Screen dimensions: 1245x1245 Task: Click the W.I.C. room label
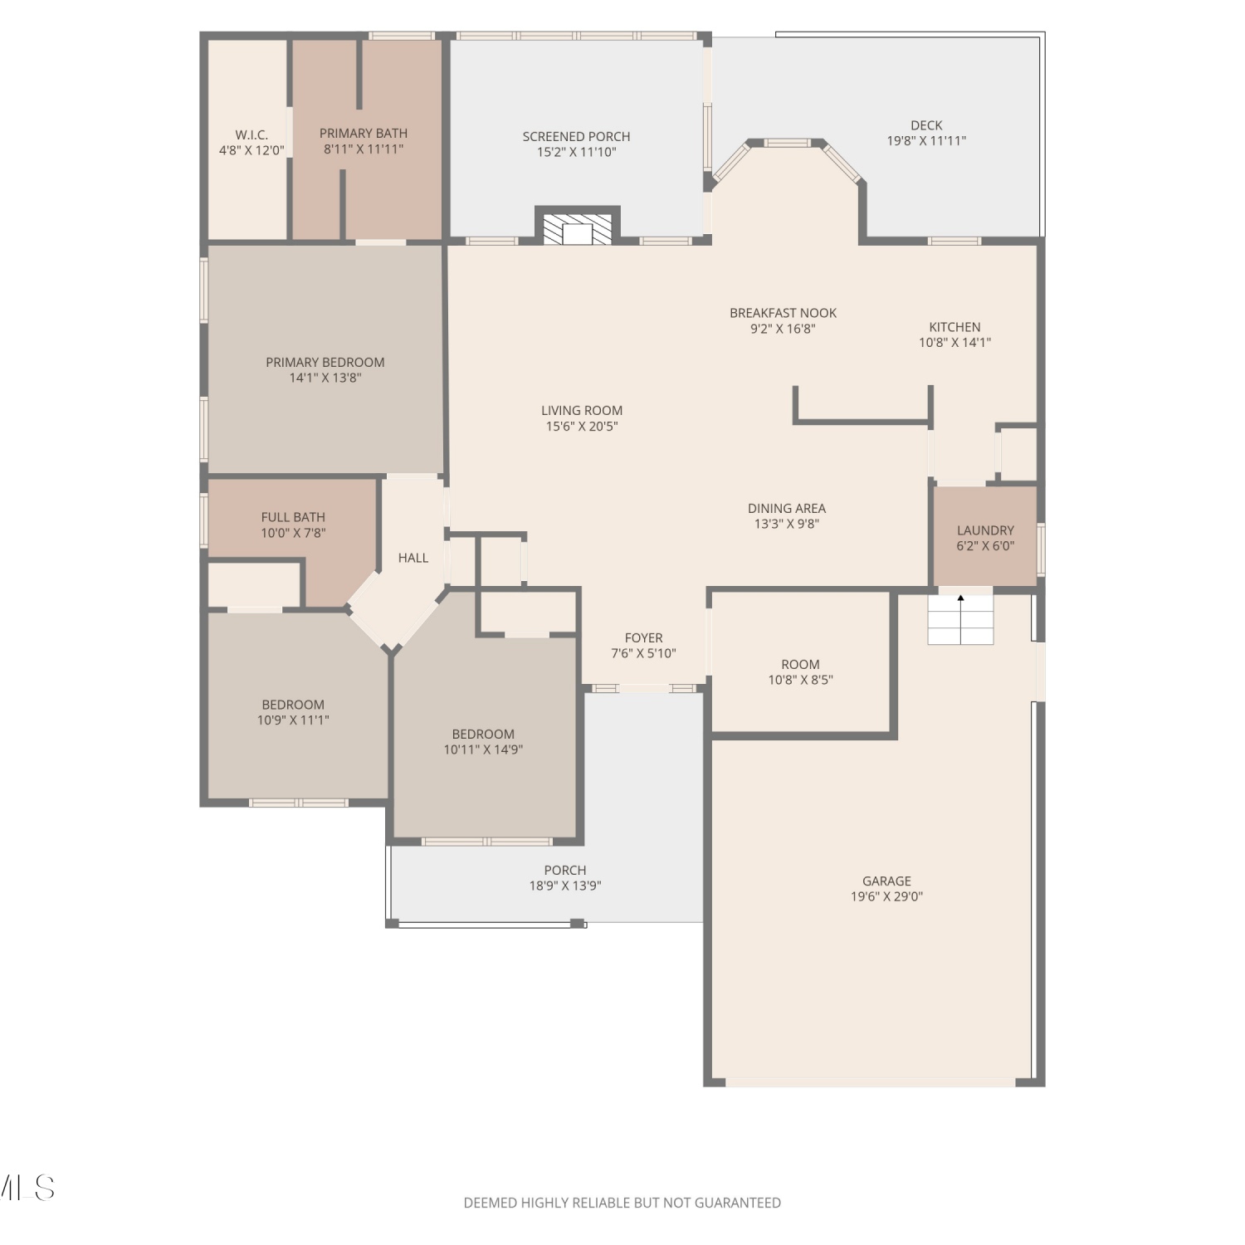(x=251, y=135)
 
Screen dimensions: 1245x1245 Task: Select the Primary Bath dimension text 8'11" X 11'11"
(x=364, y=149)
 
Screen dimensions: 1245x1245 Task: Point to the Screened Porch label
(x=576, y=137)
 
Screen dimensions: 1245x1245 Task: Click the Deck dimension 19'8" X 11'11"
(x=926, y=141)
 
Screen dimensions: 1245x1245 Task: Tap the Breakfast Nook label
(x=783, y=313)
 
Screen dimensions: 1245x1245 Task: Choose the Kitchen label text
(x=954, y=327)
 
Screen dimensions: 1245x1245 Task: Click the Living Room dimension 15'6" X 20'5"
(x=582, y=427)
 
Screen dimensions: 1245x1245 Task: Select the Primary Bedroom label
(x=325, y=363)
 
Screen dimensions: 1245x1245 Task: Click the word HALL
(x=413, y=558)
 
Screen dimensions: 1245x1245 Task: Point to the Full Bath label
(x=293, y=517)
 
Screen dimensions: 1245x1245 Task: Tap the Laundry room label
(x=985, y=530)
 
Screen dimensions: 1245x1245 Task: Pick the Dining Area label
(x=787, y=509)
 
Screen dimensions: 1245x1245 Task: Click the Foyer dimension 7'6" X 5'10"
(x=643, y=653)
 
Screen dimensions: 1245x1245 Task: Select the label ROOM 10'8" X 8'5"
(x=800, y=671)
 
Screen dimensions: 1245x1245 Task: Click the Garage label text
(x=886, y=881)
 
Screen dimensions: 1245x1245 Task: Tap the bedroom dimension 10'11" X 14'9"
(x=483, y=750)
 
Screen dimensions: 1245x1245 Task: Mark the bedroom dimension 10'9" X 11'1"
(x=293, y=720)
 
